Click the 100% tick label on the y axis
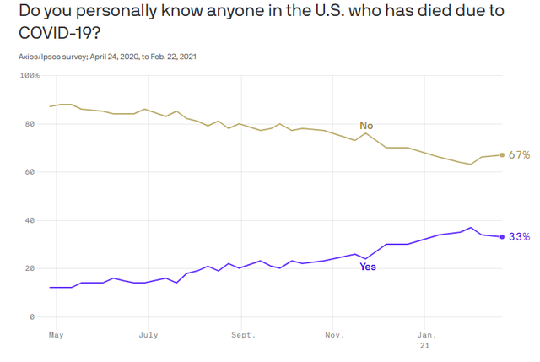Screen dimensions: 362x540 (x=30, y=76)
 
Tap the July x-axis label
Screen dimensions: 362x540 (x=148, y=334)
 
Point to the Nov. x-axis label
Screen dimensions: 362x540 (x=333, y=334)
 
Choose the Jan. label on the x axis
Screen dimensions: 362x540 (x=426, y=334)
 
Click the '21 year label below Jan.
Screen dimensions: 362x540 (x=424, y=346)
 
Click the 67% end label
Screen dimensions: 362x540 (x=519, y=155)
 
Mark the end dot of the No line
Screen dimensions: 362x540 (x=502, y=155)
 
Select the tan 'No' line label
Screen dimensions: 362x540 (x=366, y=126)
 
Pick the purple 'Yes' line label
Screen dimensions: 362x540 (x=368, y=267)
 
